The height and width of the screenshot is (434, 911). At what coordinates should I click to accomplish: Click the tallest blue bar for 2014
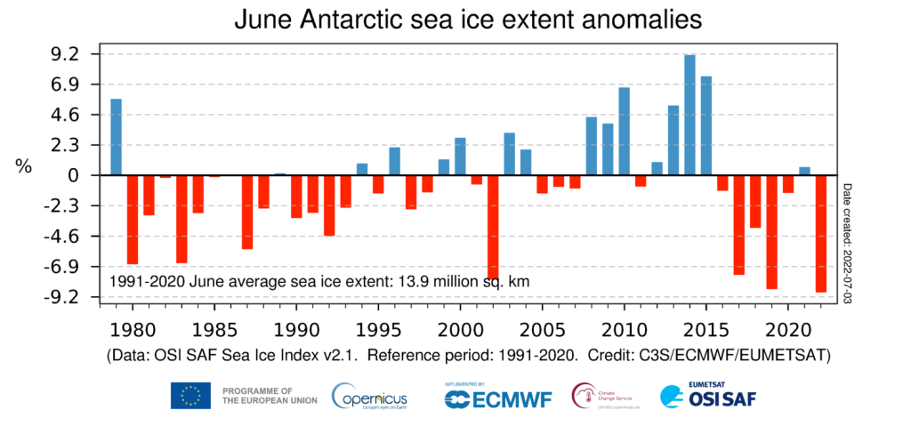tap(689, 115)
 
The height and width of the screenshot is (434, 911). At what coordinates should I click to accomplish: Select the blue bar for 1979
tap(116, 137)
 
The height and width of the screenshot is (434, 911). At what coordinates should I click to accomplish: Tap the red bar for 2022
tap(820, 233)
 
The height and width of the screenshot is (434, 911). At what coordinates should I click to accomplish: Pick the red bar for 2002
tap(493, 227)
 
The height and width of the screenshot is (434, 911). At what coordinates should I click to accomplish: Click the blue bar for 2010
tap(624, 131)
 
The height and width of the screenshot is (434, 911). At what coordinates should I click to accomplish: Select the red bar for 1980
tap(133, 219)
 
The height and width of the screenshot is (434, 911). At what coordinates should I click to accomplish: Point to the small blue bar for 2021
tap(804, 171)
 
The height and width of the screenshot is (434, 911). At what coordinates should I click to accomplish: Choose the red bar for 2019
tap(771, 231)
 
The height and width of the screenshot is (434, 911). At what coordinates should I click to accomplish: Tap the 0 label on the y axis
tap(77, 175)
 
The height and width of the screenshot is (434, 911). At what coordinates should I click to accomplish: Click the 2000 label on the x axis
tap(460, 328)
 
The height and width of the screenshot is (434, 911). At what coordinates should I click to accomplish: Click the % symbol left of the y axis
tap(24, 166)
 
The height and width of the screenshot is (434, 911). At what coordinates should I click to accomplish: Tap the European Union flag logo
tap(190, 396)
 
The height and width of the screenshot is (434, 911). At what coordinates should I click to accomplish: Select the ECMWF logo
tap(498, 397)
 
